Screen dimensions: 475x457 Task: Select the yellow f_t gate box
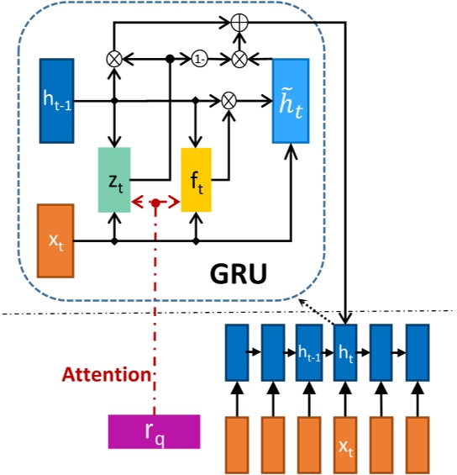tap(197, 180)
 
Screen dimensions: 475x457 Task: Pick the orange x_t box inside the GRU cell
tap(55, 240)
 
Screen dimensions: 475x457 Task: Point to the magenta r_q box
tap(154, 431)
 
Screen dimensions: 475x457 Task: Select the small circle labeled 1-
tap(200, 60)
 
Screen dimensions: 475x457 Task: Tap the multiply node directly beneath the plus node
tap(239, 60)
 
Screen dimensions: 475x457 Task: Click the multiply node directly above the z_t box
tap(114, 60)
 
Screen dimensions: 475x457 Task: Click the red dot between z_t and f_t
tap(155, 203)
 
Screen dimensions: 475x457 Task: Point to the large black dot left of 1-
tap(170, 60)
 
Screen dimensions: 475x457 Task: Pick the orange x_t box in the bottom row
tap(345, 446)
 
